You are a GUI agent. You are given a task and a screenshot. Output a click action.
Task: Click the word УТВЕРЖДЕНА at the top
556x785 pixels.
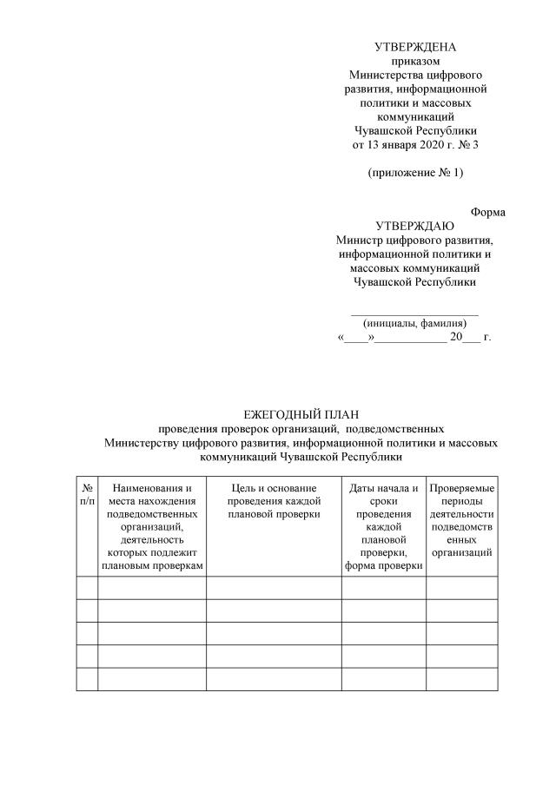point(414,47)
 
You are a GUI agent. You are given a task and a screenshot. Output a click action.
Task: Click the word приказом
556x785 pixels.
point(414,61)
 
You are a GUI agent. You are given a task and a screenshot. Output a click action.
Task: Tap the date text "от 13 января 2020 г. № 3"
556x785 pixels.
point(414,144)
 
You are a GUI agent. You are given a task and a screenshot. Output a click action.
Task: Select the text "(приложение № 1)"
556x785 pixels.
point(415,172)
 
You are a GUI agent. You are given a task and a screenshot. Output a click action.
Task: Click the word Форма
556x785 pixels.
point(488,212)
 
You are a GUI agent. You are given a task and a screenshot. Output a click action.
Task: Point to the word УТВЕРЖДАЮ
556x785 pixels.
point(414,226)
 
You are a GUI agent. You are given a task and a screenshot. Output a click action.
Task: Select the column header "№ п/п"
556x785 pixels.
point(87,495)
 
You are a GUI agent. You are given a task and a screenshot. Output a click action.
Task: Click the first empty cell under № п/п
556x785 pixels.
point(87,588)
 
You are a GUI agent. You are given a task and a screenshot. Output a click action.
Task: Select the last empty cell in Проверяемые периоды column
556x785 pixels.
point(462,679)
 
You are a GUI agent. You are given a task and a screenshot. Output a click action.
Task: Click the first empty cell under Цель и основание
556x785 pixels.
point(274,588)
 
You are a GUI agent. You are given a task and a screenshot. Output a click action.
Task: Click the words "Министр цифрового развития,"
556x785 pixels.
point(414,240)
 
